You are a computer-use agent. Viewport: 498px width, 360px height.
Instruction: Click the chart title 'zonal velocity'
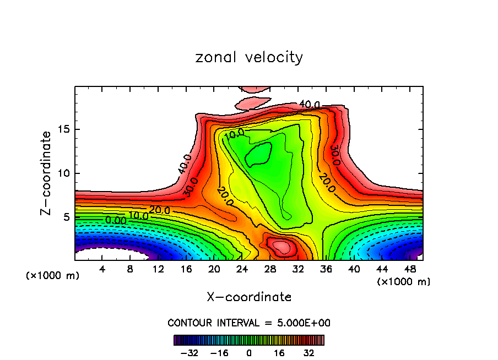[249, 57]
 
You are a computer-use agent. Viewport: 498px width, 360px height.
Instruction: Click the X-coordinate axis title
[249, 297]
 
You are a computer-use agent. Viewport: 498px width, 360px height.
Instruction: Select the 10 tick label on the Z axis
[66, 173]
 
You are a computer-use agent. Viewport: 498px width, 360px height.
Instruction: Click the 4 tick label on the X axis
[102, 270]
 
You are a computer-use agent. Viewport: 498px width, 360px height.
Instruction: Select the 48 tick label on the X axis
[409, 270]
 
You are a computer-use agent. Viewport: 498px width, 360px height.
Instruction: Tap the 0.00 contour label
[116, 220]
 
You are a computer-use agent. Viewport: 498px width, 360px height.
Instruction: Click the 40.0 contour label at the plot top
[309, 105]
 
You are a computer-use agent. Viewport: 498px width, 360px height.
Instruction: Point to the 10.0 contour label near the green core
[234, 133]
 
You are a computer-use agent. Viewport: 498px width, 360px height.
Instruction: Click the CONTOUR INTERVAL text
[249, 323]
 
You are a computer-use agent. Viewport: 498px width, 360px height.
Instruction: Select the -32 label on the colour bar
[189, 352]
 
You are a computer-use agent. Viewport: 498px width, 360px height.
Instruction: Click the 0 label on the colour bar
[249, 352]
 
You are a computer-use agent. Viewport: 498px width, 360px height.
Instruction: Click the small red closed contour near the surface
[281, 246]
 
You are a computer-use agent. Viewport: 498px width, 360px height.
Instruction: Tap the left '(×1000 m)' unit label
[53, 276]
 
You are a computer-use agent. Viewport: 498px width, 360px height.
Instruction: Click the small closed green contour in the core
[258, 155]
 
